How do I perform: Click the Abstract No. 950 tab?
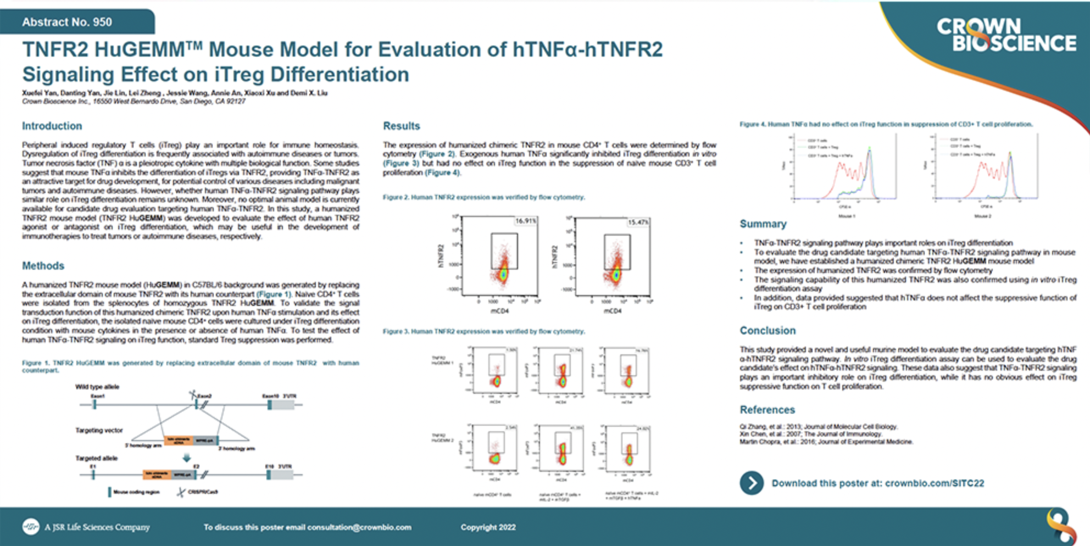(x=67, y=22)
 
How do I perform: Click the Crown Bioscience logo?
(x=1006, y=35)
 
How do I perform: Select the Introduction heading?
(x=52, y=126)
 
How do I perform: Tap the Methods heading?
(x=43, y=266)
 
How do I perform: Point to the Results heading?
(x=401, y=126)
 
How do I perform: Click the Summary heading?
(x=763, y=224)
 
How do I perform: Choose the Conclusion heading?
(x=767, y=331)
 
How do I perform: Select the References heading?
(x=767, y=410)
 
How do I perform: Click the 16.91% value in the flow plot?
(x=525, y=221)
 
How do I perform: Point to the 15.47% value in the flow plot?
(x=638, y=222)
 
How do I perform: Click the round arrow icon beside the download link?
(x=751, y=483)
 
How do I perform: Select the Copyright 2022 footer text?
(x=488, y=527)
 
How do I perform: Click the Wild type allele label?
(x=97, y=387)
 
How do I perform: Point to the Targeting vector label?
(x=99, y=430)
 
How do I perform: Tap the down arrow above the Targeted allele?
(x=187, y=458)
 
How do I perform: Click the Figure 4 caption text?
(x=886, y=124)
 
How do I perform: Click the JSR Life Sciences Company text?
(x=97, y=527)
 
